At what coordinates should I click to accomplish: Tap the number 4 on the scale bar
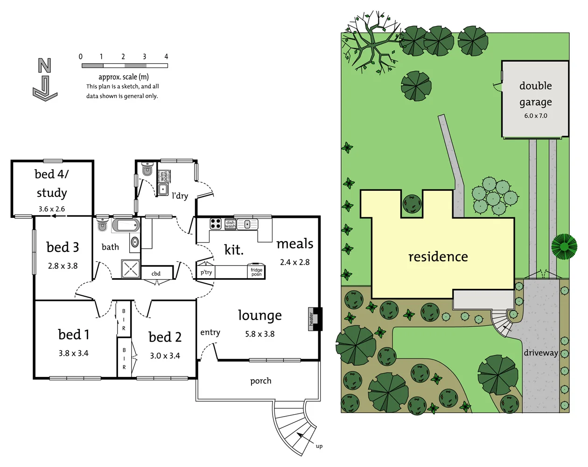pyautogui.click(x=166, y=56)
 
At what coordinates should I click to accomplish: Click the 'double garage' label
pyautogui.click(x=535, y=94)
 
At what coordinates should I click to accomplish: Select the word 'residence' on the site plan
pyautogui.click(x=438, y=257)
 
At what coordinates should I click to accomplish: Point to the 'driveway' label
pyautogui.click(x=540, y=353)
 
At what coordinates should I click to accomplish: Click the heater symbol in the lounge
pyautogui.click(x=312, y=319)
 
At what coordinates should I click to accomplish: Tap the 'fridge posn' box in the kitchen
pyautogui.click(x=256, y=272)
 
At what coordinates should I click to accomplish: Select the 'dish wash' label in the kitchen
pyautogui.click(x=230, y=224)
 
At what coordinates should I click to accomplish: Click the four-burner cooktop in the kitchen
pyautogui.click(x=216, y=223)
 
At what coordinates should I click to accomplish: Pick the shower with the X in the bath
pyautogui.click(x=131, y=269)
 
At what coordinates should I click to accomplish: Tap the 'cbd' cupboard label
pyautogui.click(x=156, y=274)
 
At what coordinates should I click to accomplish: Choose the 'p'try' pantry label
pyautogui.click(x=206, y=272)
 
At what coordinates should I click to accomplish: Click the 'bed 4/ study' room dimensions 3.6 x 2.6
pyautogui.click(x=52, y=209)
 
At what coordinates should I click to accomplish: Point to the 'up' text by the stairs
pyautogui.click(x=319, y=446)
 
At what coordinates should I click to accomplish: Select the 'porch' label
pyautogui.click(x=260, y=381)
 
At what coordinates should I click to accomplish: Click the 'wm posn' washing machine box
pyautogui.click(x=164, y=176)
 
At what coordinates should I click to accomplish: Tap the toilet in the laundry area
pyautogui.click(x=147, y=169)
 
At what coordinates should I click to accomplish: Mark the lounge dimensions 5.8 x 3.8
pyautogui.click(x=260, y=334)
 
